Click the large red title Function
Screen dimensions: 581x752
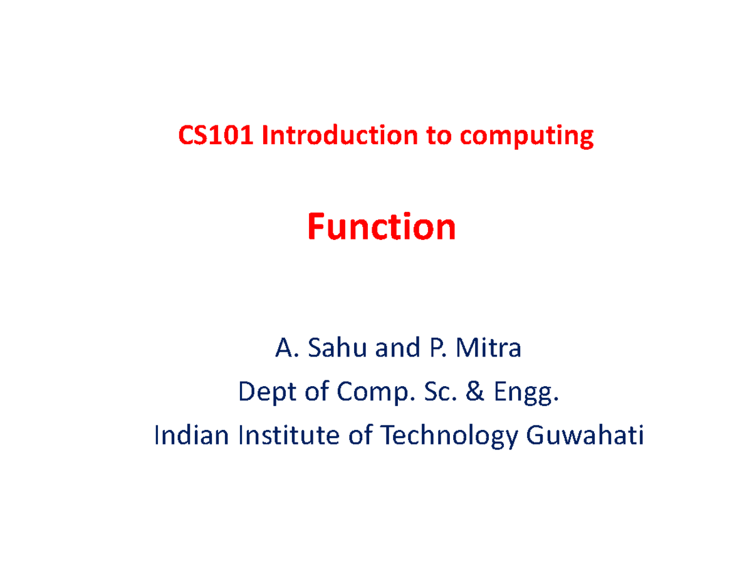[x=381, y=228]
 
